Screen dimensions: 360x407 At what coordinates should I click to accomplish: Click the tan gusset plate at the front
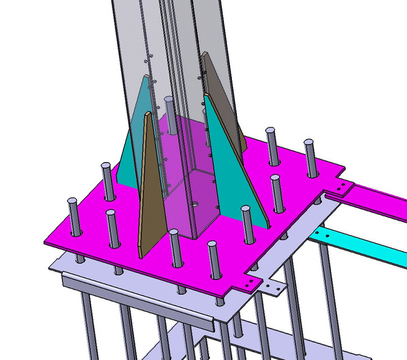click(151, 191)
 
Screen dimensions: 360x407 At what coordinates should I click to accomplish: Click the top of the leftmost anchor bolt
click(73, 202)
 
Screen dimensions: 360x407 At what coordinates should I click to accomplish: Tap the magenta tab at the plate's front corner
click(250, 281)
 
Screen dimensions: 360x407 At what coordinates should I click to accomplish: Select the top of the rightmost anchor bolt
click(310, 143)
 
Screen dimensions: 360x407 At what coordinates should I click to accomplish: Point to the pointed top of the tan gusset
click(148, 114)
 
